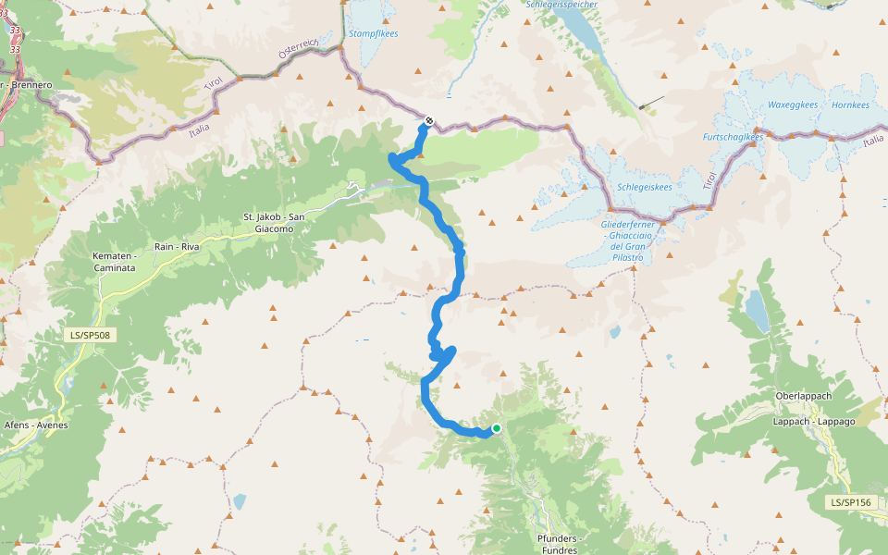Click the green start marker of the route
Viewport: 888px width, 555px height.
click(497, 428)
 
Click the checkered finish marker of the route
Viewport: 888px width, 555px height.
click(429, 120)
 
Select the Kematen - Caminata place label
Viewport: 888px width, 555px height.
click(114, 262)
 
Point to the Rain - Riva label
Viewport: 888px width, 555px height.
click(178, 247)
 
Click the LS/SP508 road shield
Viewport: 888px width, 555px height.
click(92, 334)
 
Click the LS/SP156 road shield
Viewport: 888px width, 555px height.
click(850, 502)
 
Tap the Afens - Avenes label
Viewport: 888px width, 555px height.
click(36, 425)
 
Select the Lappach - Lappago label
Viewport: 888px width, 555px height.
click(805, 421)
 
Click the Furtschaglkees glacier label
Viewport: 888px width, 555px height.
click(733, 137)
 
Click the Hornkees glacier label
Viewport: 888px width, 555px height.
click(850, 105)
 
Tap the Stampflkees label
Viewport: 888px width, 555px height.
click(373, 33)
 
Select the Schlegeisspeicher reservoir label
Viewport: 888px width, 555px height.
click(561, 5)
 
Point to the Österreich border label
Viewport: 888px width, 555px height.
click(299, 50)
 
